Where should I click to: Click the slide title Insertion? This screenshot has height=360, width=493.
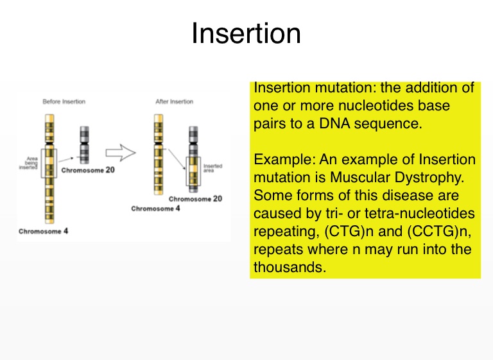pos(246,34)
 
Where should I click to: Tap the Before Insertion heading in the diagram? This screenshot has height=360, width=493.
pos(64,101)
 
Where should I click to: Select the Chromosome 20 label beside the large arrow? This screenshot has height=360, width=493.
pos(89,171)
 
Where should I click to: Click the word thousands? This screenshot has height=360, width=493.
pos(290,268)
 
